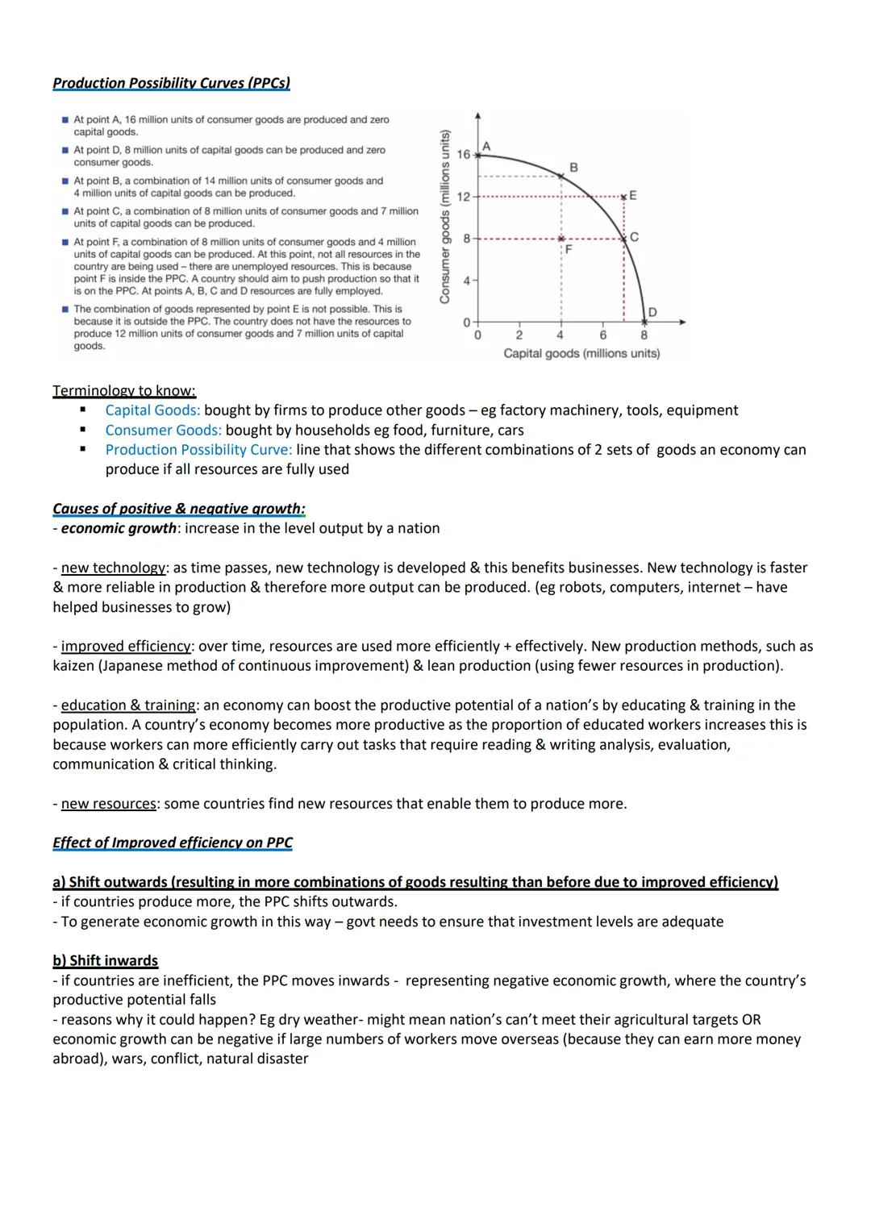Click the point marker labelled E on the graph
point(623,196)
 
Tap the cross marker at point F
point(561,239)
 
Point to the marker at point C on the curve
point(623,238)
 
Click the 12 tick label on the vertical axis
point(463,197)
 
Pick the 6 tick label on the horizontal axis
point(602,335)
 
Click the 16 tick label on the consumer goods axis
point(463,154)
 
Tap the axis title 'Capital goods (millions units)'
point(581,353)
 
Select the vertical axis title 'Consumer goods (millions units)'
point(444,217)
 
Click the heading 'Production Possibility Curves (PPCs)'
point(171,83)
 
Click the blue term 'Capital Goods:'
point(152,410)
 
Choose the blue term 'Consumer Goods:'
point(163,430)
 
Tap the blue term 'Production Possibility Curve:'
point(198,450)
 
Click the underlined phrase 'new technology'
point(113,568)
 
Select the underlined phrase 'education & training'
point(128,705)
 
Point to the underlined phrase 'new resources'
point(109,804)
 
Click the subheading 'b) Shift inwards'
point(105,960)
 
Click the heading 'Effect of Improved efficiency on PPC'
point(172,843)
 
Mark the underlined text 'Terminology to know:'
point(124,391)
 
